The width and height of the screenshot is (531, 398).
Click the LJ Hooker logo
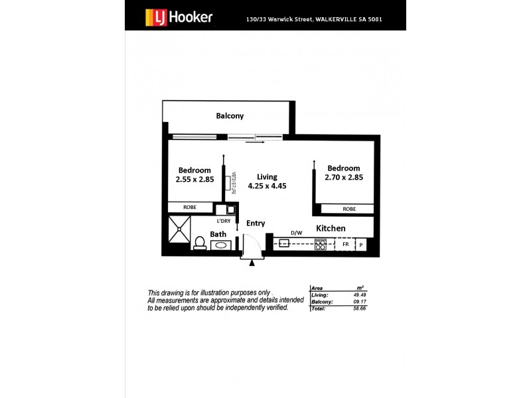tap(179, 16)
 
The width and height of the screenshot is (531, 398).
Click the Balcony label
tap(230, 116)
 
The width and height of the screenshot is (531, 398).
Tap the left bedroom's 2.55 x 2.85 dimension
tap(194, 179)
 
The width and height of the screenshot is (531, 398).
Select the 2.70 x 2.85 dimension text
tap(343, 177)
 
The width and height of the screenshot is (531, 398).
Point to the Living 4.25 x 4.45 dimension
tap(267, 186)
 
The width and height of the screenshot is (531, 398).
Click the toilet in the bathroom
tap(199, 244)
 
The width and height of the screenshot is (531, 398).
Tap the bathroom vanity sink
tap(220, 245)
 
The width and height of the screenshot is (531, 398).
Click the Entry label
tap(256, 224)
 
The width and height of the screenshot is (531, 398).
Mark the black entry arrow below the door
tap(252, 263)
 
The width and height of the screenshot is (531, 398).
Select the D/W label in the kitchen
tap(297, 233)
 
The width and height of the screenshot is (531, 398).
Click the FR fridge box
tap(345, 244)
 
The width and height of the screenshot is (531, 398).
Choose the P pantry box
tap(362, 244)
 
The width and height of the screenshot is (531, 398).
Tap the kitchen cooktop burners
tap(321, 243)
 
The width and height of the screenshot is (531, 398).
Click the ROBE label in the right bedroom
tap(349, 209)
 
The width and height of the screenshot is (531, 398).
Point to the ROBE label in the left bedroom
tap(190, 207)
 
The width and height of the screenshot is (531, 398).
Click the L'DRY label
tap(223, 221)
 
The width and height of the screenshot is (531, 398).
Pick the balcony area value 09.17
tap(360, 302)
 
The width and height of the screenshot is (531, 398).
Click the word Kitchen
tap(331, 228)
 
